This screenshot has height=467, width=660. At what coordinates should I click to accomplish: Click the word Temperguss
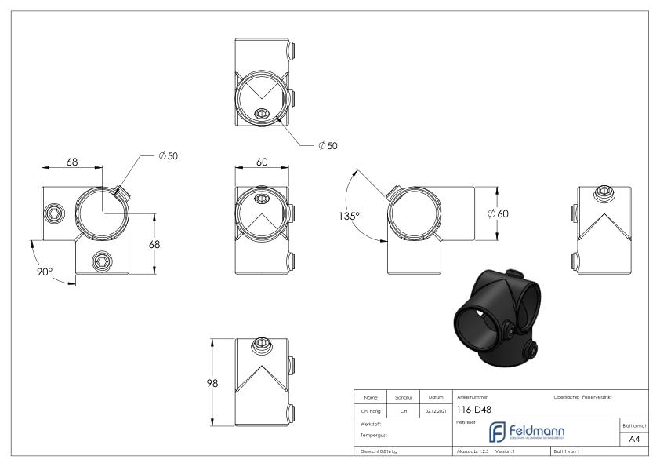click(372, 434)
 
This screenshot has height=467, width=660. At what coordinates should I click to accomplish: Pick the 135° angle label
click(348, 216)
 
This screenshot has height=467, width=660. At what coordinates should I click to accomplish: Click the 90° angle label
click(44, 271)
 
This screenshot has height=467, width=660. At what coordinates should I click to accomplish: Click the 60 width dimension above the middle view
click(262, 162)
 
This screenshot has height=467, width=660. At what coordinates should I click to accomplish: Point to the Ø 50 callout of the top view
click(328, 147)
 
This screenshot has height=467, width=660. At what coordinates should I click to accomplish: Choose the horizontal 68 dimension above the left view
click(71, 162)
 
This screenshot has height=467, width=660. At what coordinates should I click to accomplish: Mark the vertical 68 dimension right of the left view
click(155, 244)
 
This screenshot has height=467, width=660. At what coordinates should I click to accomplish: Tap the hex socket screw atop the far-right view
click(604, 191)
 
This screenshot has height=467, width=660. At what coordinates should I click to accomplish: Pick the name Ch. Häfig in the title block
click(372, 409)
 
